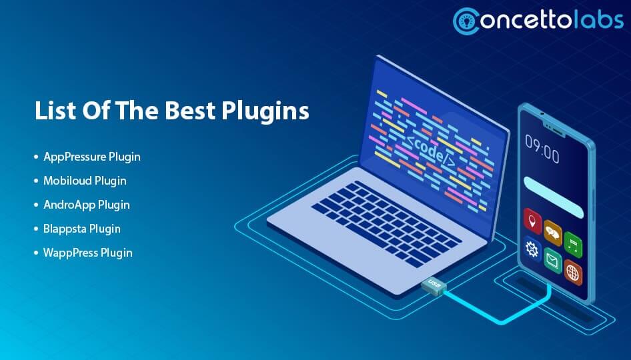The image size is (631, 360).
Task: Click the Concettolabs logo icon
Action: tap(468, 21)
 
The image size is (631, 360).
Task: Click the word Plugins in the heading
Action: tap(269, 111)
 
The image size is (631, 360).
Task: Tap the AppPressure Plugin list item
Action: tap(92, 157)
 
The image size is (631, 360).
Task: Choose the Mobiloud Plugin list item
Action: tap(85, 181)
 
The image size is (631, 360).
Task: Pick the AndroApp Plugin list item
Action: tap(87, 205)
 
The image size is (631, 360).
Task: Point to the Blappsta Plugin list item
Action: tap(82, 229)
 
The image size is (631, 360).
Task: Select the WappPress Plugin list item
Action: tap(88, 253)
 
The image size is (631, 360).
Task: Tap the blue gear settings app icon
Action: tap(532, 249)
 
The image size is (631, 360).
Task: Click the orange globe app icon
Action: tap(572, 272)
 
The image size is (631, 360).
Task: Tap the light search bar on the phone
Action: tap(554, 197)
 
